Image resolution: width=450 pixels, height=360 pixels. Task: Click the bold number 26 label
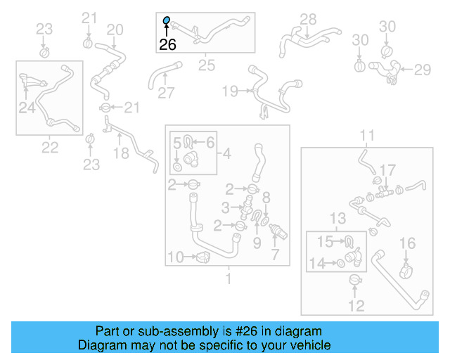pos(167,45)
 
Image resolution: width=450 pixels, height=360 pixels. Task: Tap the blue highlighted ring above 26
pos(167,21)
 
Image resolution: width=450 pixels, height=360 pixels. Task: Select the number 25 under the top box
pos(206,65)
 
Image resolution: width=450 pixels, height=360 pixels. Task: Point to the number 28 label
pos(308,19)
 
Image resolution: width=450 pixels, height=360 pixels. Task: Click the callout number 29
pos(422,69)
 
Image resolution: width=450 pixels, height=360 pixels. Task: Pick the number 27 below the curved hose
pos(165,93)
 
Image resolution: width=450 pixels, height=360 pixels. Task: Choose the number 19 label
pos(231,91)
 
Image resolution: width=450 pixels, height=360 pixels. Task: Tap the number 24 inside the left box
pos(27,108)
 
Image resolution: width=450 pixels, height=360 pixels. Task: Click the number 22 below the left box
pos(50,147)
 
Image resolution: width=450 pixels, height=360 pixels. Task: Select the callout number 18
pos(121,153)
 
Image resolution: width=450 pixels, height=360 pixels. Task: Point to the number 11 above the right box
pos(368,135)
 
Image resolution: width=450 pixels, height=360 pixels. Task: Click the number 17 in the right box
pos(388,169)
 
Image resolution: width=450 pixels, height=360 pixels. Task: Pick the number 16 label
pos(408,243)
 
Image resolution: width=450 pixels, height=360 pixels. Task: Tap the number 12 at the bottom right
pos(356,305)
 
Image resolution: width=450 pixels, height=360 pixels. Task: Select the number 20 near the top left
pos(115,30)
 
